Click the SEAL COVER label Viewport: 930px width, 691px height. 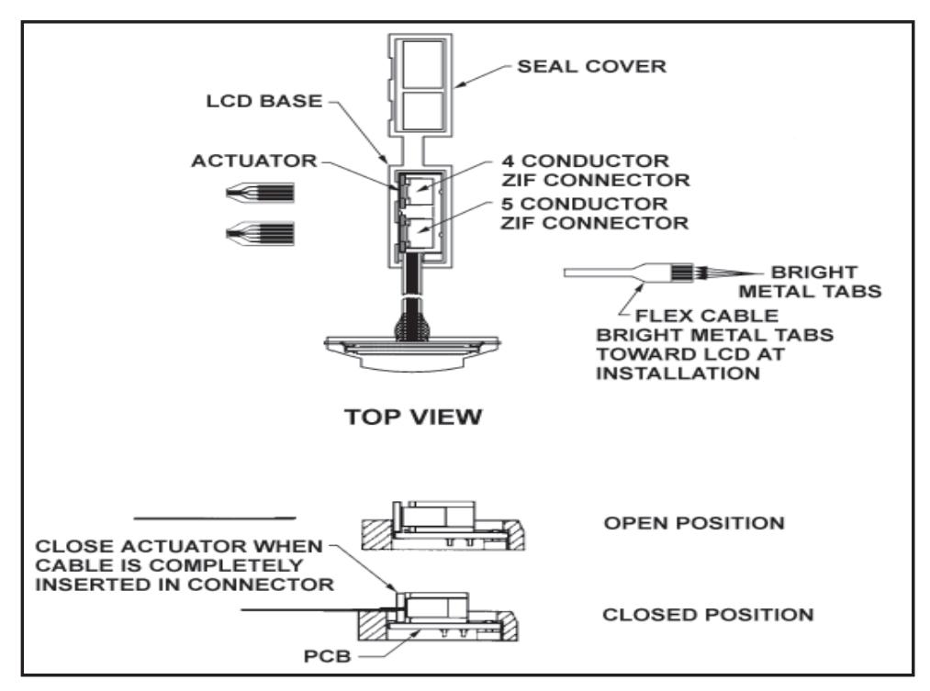(x=591, y=66)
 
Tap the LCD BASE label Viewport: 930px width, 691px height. (x=263, y=101)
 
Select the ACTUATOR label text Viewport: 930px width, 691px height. (x=254, y=161)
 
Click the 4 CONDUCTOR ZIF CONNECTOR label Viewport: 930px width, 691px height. (x=596, y=170)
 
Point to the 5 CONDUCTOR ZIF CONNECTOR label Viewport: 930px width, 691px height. (x=594, y=213)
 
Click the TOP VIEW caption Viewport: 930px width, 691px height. (x=413, y=417)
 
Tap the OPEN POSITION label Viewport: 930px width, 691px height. (x=694, y=523)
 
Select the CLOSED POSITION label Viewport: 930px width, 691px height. (x=708, y=615)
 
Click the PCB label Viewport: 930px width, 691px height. (x=328, y=656)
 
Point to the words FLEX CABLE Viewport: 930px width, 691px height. (x=707, y=316)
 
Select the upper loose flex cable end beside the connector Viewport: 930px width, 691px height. (x=260, y=193)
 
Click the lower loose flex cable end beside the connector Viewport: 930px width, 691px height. (x=260, y=233)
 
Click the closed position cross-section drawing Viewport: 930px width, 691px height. (x=438, y=617)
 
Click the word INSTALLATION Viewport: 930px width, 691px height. (x=678, y=373)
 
